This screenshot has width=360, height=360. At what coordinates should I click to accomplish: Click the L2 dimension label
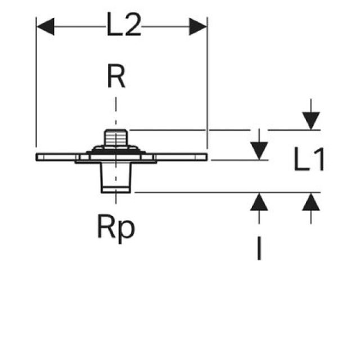coord(123,26)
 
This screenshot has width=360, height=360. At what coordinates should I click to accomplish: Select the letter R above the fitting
coord(116,78)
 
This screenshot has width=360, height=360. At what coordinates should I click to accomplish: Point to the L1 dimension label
coord(309,162)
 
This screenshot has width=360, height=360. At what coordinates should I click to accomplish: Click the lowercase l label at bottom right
coord(259,248)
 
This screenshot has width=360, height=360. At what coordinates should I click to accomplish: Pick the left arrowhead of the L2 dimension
coord(45,26)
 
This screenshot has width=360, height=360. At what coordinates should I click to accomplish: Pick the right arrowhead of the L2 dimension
coord(198,26)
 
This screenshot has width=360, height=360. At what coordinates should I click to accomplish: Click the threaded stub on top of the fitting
coord(116,138)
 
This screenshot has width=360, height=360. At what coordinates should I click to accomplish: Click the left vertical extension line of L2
coord(36,90)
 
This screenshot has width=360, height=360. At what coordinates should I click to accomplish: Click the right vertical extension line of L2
coord(208,90)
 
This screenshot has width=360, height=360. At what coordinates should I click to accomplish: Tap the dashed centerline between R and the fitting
coord(116,110)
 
